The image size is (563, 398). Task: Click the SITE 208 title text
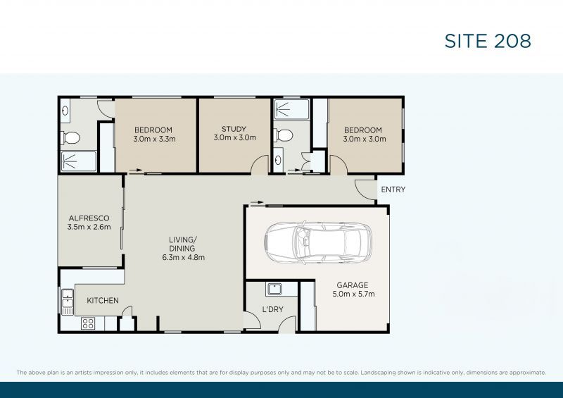click(487, 41)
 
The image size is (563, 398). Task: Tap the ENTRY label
click(393, 189)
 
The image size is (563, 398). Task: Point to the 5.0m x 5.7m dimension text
click(353, 294)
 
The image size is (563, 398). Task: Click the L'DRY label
click(272, 310)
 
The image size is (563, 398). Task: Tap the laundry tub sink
click(274, 289)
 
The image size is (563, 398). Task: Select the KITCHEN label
click(102, 301)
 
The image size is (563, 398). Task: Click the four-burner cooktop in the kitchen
click(89, 323)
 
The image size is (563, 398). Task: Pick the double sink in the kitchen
click(68, 301)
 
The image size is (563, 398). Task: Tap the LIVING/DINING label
click(182, 244)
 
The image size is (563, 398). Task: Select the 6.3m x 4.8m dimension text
click(182, 257)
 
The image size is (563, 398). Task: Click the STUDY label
click(234, 129)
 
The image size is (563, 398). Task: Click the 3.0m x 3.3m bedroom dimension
click(153, 139)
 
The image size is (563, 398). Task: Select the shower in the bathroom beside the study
click(290, 108)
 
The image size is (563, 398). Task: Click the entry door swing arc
click(364, 188)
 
